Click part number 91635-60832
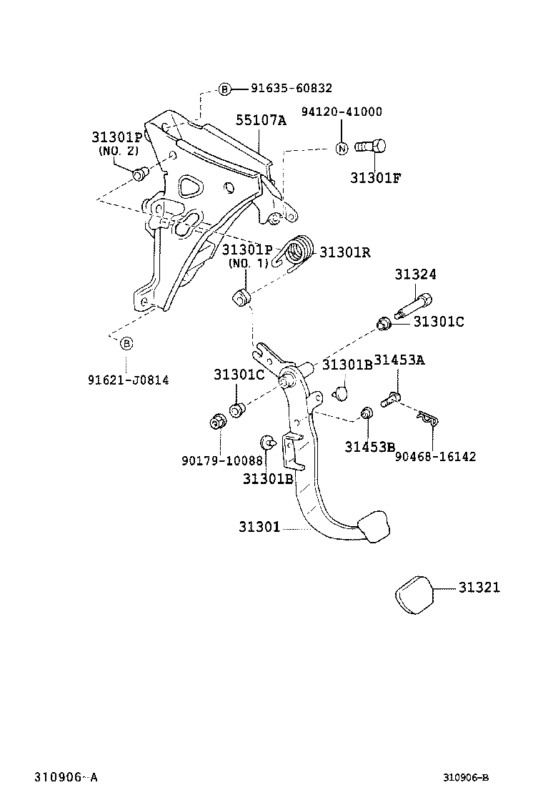pos(291,89)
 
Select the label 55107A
pos(261,121)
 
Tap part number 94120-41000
pos(341,112)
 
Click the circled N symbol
pos(342,148)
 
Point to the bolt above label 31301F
pos(371,147)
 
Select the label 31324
pos(415,275)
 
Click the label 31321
pos(479,588)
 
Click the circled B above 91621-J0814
pos(126,344)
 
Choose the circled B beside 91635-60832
pos(224,89)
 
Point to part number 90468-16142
pos(435,456)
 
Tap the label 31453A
pos(399,360)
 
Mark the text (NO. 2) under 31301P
pos(118,150)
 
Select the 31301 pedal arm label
pos(260,528)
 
